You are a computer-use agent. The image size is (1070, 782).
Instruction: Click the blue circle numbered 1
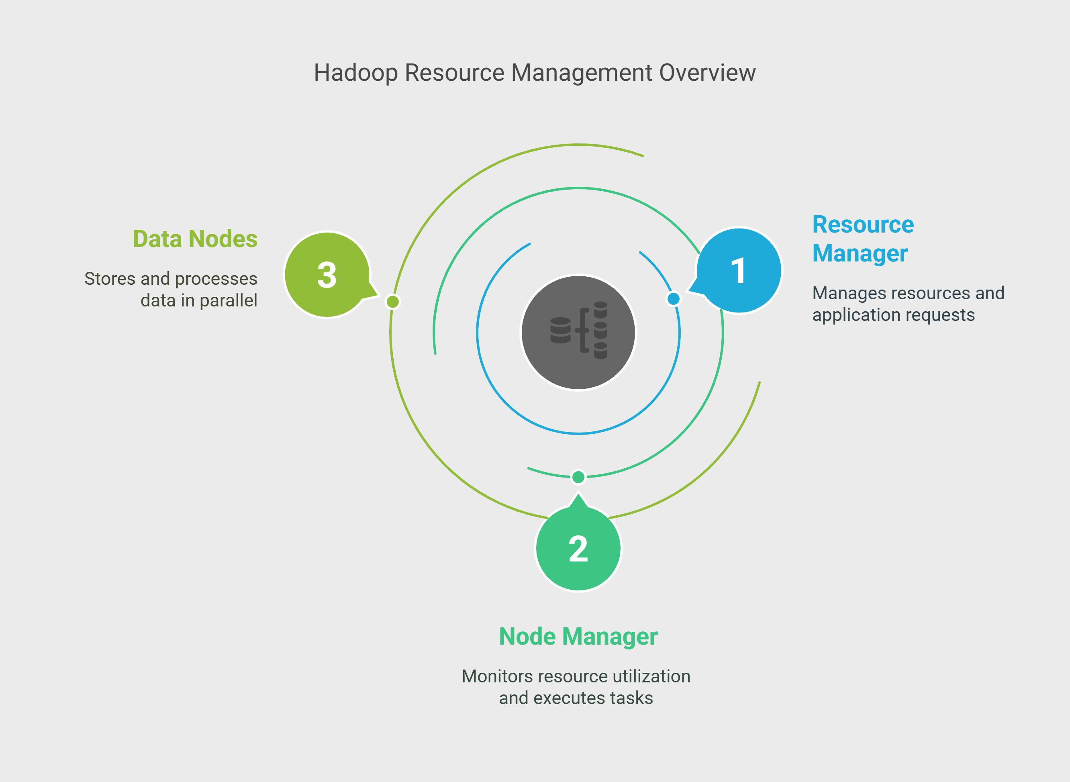click(x=739, y=270)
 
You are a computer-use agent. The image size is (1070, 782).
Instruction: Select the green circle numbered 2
click(x=578, y=548)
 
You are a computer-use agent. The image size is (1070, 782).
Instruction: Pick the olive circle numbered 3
click(x=327, y=275)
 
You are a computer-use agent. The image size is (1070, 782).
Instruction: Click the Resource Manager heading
click(x=863, y=239)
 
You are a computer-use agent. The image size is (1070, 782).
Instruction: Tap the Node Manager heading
click(x=578, y=637)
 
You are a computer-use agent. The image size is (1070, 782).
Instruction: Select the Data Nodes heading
click(x=195, y=239)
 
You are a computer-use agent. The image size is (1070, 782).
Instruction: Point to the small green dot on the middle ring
click(x=578, y=477)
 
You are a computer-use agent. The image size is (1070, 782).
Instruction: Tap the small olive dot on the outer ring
click(x=393, y=302)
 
